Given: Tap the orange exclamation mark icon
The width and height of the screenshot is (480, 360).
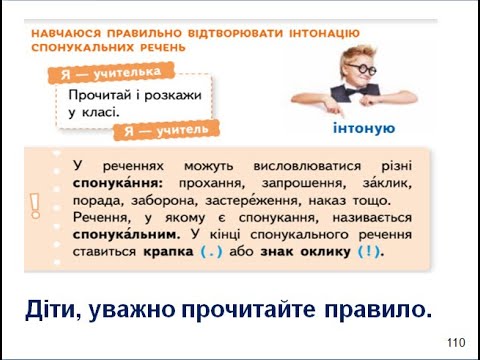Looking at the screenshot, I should tap(36, 205).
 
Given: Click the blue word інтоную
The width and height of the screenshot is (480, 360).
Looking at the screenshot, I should tap(362, 128).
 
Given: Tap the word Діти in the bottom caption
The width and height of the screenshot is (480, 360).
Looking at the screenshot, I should tap(54, 311).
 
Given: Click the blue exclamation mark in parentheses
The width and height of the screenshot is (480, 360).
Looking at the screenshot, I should tap(370, 252).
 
